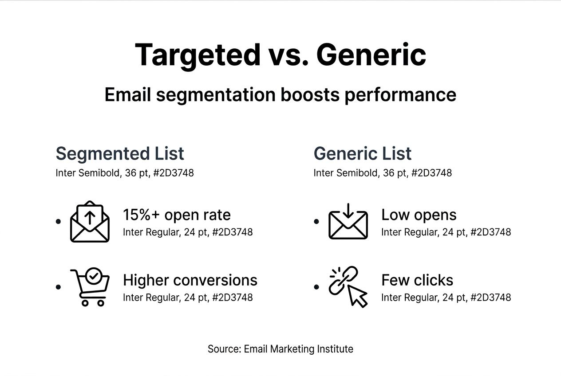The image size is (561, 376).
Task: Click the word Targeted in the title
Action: click(x=198, y=55)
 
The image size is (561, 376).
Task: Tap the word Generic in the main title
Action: click(x=371, y=55)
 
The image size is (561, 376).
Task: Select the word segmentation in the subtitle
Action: click(x=216, y=95)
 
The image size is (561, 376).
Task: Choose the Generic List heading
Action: click(x=363, y=153)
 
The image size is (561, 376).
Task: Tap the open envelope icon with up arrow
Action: click(x=90, y=221)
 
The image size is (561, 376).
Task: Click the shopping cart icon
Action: click(x=90, y=287)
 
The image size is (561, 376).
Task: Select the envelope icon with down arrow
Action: click(x=348, y=221)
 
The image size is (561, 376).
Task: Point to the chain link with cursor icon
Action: click(x=348, y=287)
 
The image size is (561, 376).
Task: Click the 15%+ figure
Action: click(x=141, y=215)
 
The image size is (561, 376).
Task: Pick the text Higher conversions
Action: click(x=190, y=280)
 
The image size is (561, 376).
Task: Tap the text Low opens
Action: click(x=419, y=215)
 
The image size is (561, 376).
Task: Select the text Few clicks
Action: click(x=417, y=280)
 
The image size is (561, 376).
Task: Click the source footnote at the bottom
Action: click(x=280, y=349)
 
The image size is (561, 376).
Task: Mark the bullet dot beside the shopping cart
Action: click(x=58, y=287)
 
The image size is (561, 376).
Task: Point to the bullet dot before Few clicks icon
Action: click(x=316, y=287)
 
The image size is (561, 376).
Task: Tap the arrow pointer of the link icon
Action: click(x=357, y=296)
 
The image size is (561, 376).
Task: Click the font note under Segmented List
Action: click(x=125, y=173)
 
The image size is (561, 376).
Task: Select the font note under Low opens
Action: click(x=446, y=232)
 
